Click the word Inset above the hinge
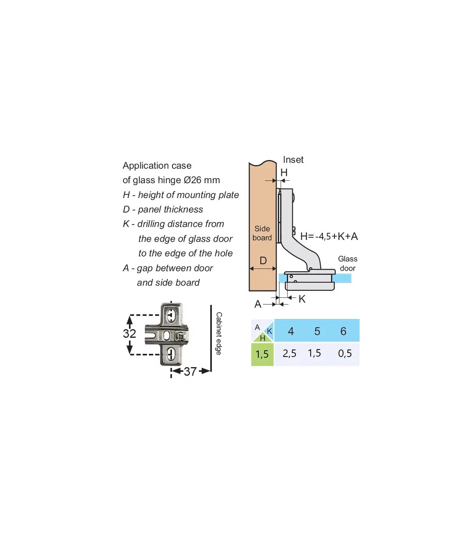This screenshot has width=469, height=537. [293, 160]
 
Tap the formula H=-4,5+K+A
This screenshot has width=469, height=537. [329, 236]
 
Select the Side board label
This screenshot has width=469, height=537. [262, 233]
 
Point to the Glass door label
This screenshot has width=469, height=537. [348, 263]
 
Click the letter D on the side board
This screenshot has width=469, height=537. [263, 261]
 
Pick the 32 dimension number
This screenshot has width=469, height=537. [129, 333]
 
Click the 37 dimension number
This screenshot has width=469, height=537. [190, 371]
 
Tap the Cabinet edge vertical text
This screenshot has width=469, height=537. [218, 333]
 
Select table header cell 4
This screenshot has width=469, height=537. [291, 331]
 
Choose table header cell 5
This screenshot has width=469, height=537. [317, 331]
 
